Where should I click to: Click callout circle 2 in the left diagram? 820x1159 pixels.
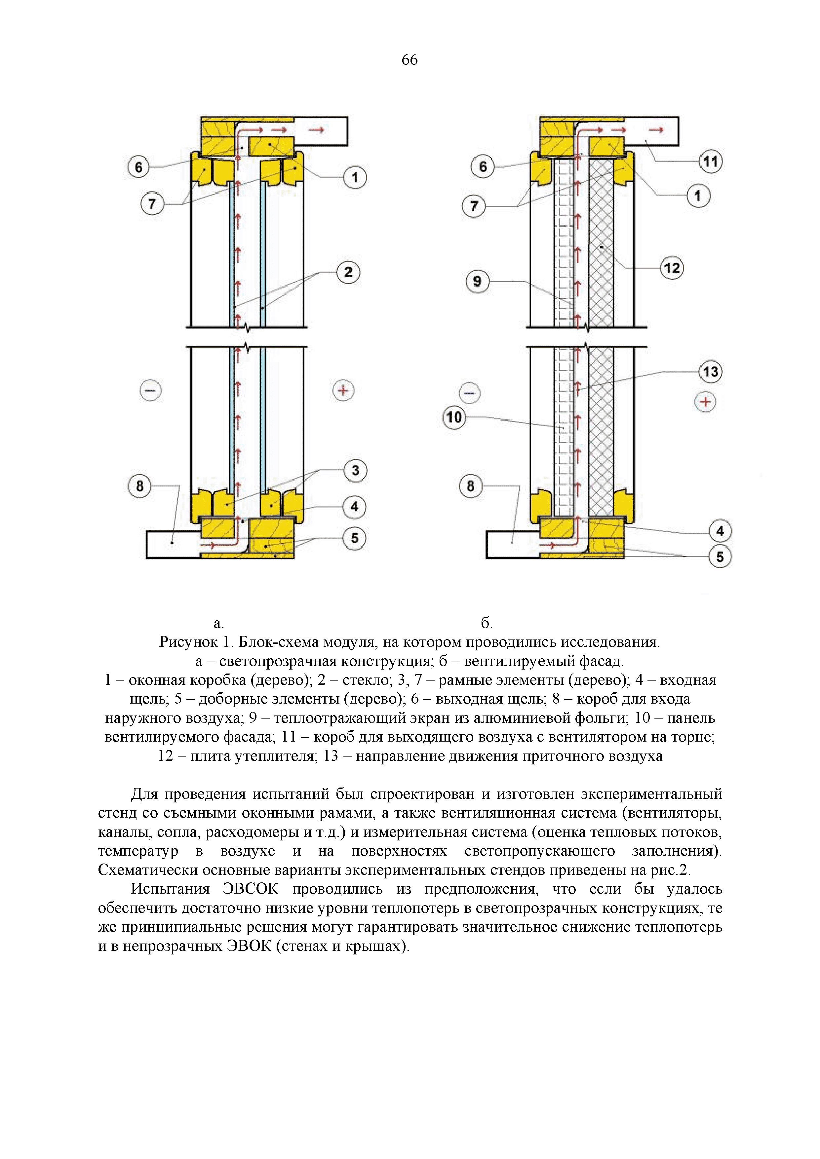348,272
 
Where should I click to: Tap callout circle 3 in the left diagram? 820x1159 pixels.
355,471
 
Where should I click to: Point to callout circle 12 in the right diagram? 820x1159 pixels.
672,268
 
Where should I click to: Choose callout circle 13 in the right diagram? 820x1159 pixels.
710,372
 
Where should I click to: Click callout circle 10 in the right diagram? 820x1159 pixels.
453,417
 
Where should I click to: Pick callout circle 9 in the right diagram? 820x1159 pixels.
477,281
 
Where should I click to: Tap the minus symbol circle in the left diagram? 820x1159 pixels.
150,390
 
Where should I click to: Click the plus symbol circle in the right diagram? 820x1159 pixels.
705,402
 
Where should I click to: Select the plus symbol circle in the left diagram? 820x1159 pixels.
343,390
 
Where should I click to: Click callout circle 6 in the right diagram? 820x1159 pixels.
483,166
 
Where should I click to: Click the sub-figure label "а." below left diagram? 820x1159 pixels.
218,624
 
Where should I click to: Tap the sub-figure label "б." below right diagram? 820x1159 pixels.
486,624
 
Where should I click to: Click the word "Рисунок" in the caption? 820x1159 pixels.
188,642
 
